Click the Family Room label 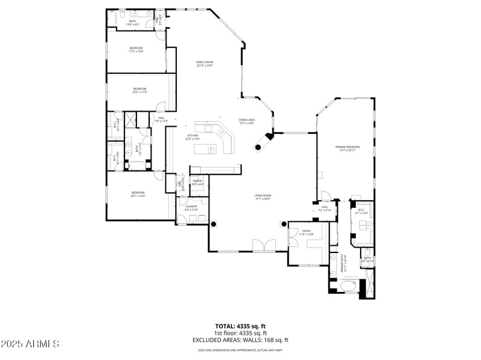[x=204, y=63]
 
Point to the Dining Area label [x=247, y=121]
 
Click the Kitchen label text [x=192, y=137]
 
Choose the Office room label [x=306, y=232]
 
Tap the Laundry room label [x=191, y=208]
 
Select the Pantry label [x=197, y=182]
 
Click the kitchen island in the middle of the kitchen [x=212, y=150]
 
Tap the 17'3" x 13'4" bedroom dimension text [x=136, y=52]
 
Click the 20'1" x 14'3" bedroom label [x=138, y=194]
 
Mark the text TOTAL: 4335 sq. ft [x=240, y=326]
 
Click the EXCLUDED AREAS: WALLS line [x=240, y=340]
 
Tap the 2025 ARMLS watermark [x=30, y=344]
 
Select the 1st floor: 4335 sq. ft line [x=240, y=333]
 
